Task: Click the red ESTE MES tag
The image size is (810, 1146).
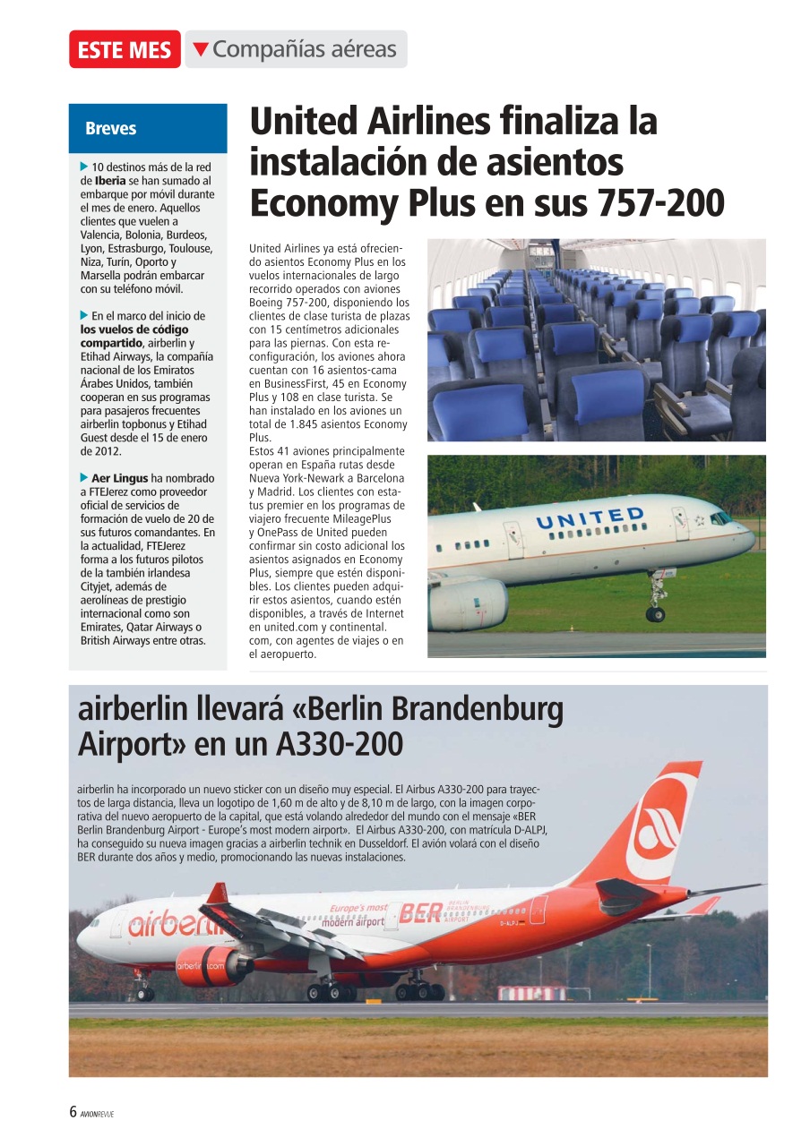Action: click(125, 50)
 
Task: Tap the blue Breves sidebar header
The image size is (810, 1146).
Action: click(111, 128)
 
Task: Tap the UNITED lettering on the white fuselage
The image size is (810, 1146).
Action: click(589, 517)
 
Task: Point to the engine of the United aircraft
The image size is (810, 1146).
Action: click(468, 603)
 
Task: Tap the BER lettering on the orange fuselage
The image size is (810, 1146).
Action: click(420, 912)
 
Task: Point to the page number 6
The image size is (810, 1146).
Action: click(73, 1113)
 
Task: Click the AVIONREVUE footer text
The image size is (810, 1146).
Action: click(97, 1114)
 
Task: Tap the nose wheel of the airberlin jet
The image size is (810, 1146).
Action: click(143, 993)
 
